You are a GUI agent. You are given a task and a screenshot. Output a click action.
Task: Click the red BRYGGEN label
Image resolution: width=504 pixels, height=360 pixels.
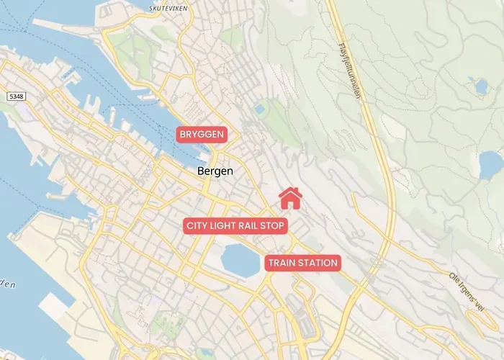point(202,135)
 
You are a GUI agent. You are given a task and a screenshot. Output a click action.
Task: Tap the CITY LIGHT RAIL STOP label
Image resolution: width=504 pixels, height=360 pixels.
point(236,226)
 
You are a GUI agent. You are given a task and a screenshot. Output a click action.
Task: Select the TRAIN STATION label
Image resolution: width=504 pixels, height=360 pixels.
point(302,264)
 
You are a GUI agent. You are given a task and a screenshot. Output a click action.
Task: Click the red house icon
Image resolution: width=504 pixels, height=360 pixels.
point(289,197)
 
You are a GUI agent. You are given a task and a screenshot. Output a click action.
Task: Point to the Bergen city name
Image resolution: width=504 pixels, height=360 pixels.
point(215,171)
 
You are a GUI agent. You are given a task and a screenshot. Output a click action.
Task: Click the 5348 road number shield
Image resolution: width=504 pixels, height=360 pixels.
point(16,96)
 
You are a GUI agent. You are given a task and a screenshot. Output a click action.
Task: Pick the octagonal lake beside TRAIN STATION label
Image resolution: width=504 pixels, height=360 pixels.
point(240,260)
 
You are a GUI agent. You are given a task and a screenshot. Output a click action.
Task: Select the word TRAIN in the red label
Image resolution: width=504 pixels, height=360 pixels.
point(282,264)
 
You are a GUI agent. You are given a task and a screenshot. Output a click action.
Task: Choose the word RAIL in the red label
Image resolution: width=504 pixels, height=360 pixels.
point(253,226)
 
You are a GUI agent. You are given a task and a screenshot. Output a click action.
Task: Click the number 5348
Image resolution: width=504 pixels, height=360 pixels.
point(16,96)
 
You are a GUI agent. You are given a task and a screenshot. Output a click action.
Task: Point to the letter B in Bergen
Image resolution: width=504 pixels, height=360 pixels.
point(200,171)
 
